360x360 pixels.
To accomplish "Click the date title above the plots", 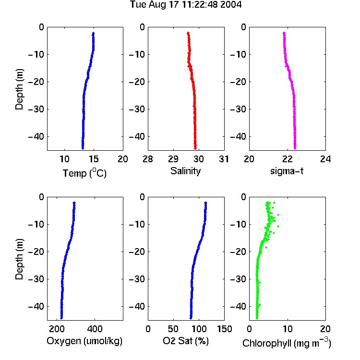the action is click(x=186, y=4).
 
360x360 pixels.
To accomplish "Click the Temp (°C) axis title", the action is click(x=84, y=173).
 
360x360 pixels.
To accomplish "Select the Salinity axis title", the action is click(x=185, y=171).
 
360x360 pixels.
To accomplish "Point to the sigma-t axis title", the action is click(x=287, y=171).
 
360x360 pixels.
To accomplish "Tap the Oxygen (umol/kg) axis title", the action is click(x=84, y=341).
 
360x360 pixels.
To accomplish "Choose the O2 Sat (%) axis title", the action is click(x=186, y=341).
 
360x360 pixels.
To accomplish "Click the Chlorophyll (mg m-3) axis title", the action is click(x=287, y=343).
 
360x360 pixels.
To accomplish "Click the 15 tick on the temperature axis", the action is click(x=94, y=159).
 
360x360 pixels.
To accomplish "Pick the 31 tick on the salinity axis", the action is click(x=224, y=159).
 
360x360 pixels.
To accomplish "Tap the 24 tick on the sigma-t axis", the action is click(x=325, y=159).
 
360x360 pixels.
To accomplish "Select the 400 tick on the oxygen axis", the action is click(x=95, y=329).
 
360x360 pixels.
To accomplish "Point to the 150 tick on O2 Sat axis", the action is click(x=224, y=329).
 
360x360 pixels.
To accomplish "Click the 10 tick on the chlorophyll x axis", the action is click(x=288, y=329).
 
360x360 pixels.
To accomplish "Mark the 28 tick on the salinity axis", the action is click(x=148, y=159).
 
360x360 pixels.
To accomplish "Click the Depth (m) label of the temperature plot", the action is click(x=19, y=89).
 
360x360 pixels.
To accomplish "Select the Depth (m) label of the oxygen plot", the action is click(x=19, y=259).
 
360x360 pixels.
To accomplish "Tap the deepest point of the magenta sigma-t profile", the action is click(x=295, y=148).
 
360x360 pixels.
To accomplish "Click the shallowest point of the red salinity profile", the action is click(x=188, y=33).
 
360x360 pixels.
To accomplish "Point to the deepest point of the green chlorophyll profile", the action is click(x=257, y=318).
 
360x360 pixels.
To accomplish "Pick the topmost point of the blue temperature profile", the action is click(x=93, y=33).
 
